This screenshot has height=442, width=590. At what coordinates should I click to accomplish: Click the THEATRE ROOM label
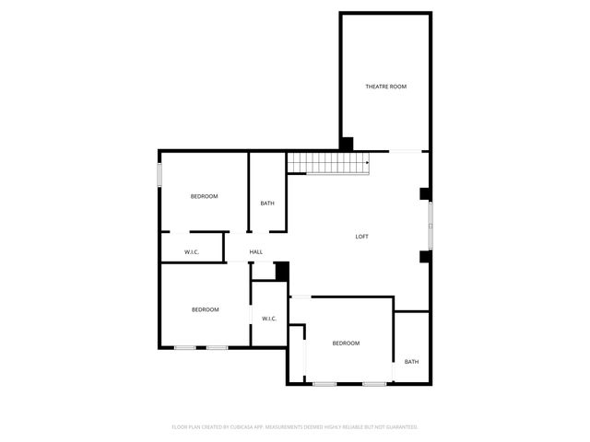pyautogui.click(x=385, y=87)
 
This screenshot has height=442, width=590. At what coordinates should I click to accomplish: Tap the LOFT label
pyautogui.click(x=362, y=237)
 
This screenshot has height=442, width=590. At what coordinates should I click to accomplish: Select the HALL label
pyautogui.click(x=256, y=251)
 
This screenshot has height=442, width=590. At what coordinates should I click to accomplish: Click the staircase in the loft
pyautogui.click(x=327, y=163)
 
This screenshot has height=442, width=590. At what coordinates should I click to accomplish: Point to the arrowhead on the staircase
pyautogui.click(x=368, y=164)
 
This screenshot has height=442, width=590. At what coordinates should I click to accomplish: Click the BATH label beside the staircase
pyautogui.click(x=267, y=204)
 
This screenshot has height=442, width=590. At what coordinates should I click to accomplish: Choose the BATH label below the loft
pyautogui.click(x=411, y=362)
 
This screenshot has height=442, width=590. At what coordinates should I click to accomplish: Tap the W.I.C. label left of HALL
pyautogui.click(x=192, y=251)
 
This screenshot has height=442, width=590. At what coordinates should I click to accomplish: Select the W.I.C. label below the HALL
pyautogui.click(x=269, y=319)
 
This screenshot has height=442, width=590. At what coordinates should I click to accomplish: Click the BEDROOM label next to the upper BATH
pyautogui.click(x=204, y=196)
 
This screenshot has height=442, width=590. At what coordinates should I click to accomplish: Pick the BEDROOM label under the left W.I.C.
pyautogui.click(x=205, y=309)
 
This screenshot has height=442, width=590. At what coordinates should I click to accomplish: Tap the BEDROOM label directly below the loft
pyautogui.click(x=346, y=343)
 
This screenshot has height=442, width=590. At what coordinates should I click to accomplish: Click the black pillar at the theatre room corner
pyautogui.click(x=347, y=144)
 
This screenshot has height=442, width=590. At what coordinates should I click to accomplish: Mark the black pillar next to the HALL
pyautogui.click(x=282, y=271)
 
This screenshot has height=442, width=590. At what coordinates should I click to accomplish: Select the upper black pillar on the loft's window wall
pyautogui.click(x=425, y=194)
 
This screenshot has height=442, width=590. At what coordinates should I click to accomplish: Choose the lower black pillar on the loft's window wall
pyautogui.click(x=425, y=256)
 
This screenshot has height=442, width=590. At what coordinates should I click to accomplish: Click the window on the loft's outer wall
pyautogui.click(x=429, y=225)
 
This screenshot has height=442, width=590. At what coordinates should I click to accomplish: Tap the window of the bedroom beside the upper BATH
pyautogui.click(x=159, y=175)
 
